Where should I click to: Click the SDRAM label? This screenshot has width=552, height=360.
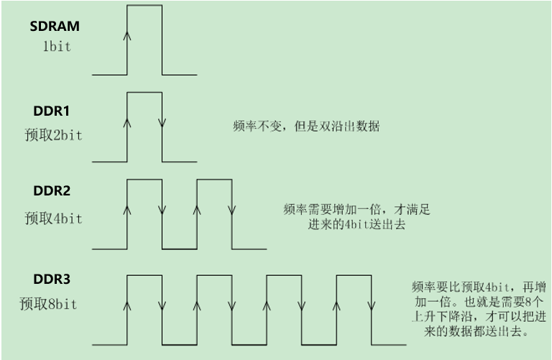click(x=55, y=27)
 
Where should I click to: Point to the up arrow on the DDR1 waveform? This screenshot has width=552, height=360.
click(x=127, y=122)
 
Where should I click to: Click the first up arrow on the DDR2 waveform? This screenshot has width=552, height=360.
click(x=127, y=209)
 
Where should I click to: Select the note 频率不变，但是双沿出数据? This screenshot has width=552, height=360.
click(x=307, y=126)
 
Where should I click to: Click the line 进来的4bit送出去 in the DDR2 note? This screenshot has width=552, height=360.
click(x=351, y=225)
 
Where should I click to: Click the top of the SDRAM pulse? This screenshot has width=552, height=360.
click(x=144, y=6)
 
